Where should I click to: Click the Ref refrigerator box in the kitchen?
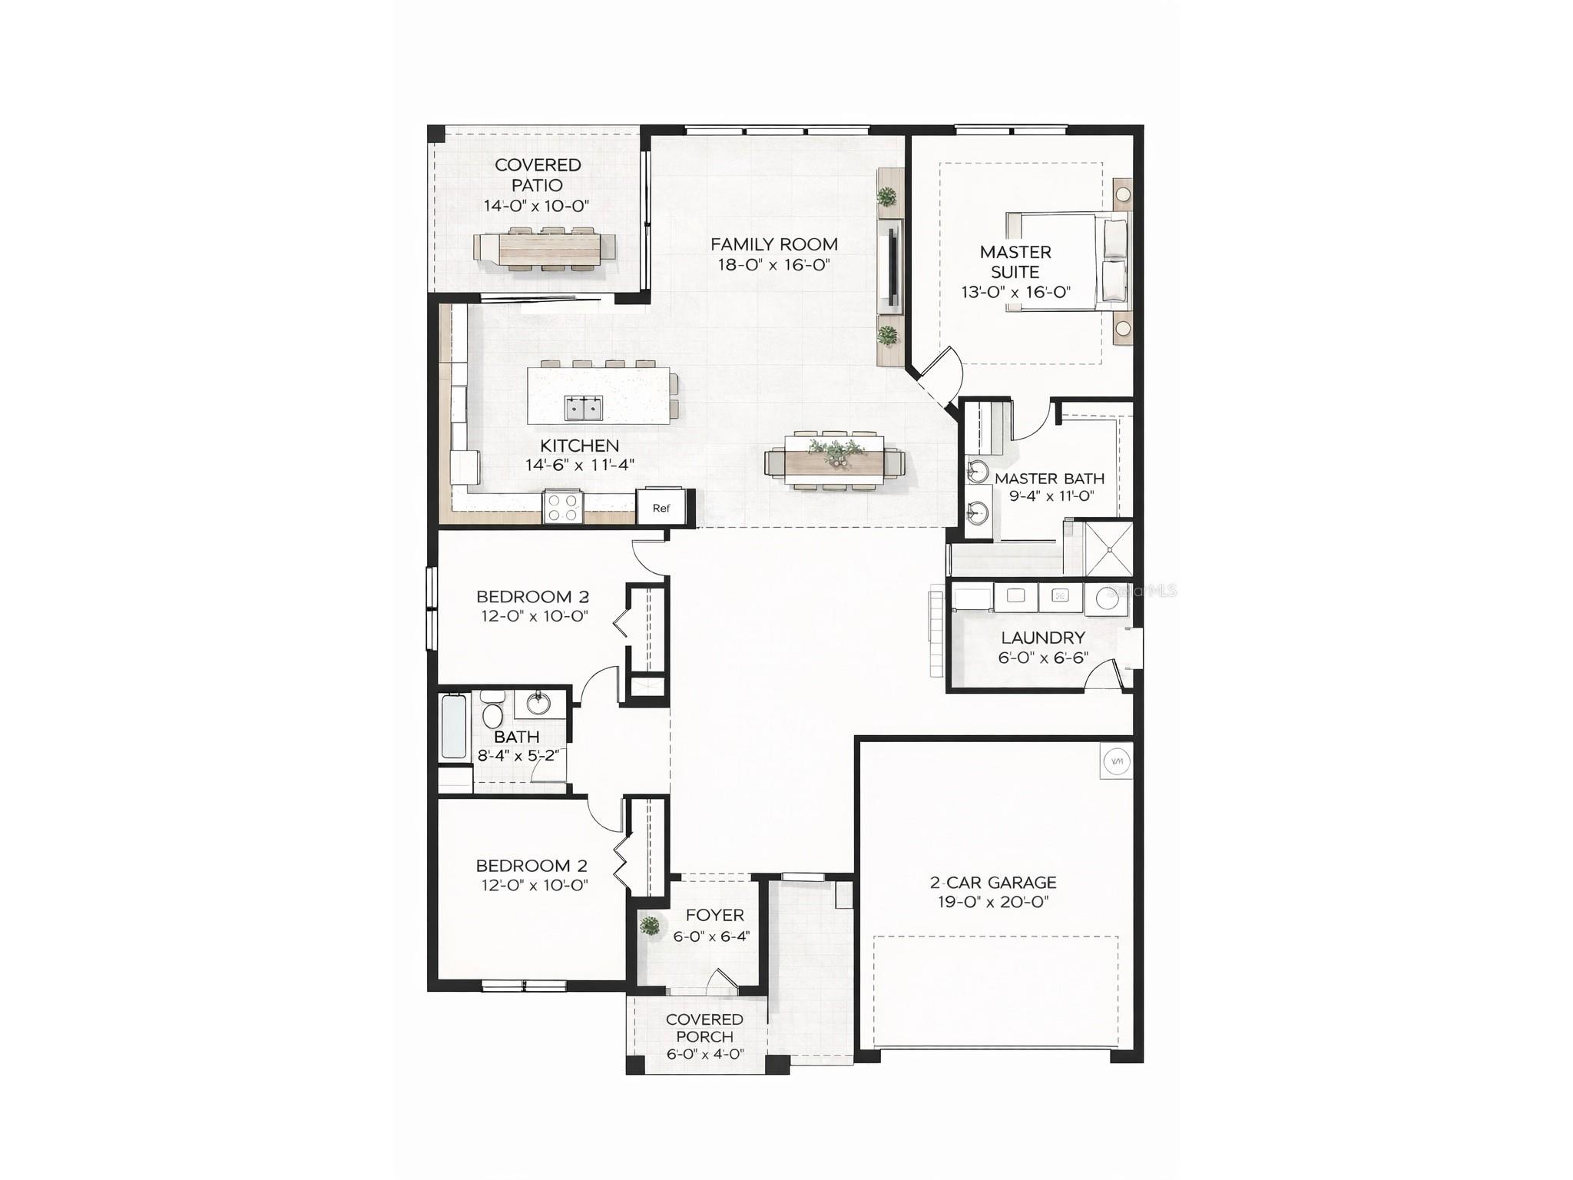tap(661, 508)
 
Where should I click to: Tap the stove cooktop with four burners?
tap(563, 508)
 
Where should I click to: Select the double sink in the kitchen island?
tap(584, 409)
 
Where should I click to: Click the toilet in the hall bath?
tap(492, 713)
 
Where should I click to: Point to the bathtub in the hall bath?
tap(454, 726)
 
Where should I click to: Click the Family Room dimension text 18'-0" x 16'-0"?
tap(774, 265)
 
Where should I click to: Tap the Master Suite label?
tap(1015, 262)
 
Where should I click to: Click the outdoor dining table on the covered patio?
tap(545, 248)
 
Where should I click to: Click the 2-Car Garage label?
tap(993, 883)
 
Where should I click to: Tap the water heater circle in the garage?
tap(1117, 761)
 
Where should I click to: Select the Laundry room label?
tap(1043, 638)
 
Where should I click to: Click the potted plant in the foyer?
tap(651, 926)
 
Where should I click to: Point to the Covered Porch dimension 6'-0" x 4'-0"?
tap(704, 1055)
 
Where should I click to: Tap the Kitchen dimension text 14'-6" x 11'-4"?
tap(580, 465)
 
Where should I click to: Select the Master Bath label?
tap(1049, 479)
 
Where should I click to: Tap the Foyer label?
tap(714, 915)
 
